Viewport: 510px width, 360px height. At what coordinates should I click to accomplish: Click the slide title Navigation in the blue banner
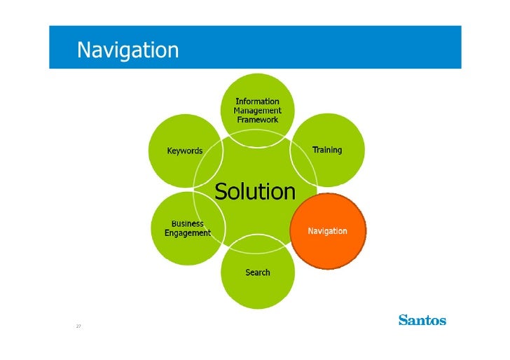coord(127,50)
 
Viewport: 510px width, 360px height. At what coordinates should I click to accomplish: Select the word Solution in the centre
coord(255,191)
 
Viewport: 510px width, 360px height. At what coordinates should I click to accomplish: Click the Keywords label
coord(184,151)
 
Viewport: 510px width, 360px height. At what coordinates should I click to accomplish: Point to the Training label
coord(327,150)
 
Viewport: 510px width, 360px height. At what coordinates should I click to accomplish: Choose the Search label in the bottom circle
coord(257,272)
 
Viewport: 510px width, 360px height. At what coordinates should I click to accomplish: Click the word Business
coord(188,223)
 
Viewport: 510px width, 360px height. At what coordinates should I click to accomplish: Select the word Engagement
coord(188,233)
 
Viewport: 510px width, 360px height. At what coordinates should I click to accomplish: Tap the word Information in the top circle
coord(257,102)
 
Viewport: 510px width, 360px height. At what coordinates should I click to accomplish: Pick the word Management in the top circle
coord(257,111)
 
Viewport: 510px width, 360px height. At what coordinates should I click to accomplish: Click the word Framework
coord(257,120)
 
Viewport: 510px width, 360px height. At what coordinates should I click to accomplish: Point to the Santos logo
coord(422,320)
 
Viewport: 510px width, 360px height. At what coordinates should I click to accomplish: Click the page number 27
coord(78,326)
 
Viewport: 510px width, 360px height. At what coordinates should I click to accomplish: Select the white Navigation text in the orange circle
coord(328,231)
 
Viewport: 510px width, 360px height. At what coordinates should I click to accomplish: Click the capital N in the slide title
coord(83,50)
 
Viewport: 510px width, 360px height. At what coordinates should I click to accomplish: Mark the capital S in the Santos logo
coord(403,320)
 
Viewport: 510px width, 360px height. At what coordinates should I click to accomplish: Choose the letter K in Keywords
coord(170,151)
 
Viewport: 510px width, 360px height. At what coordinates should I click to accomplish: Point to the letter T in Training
coord(315,150)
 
